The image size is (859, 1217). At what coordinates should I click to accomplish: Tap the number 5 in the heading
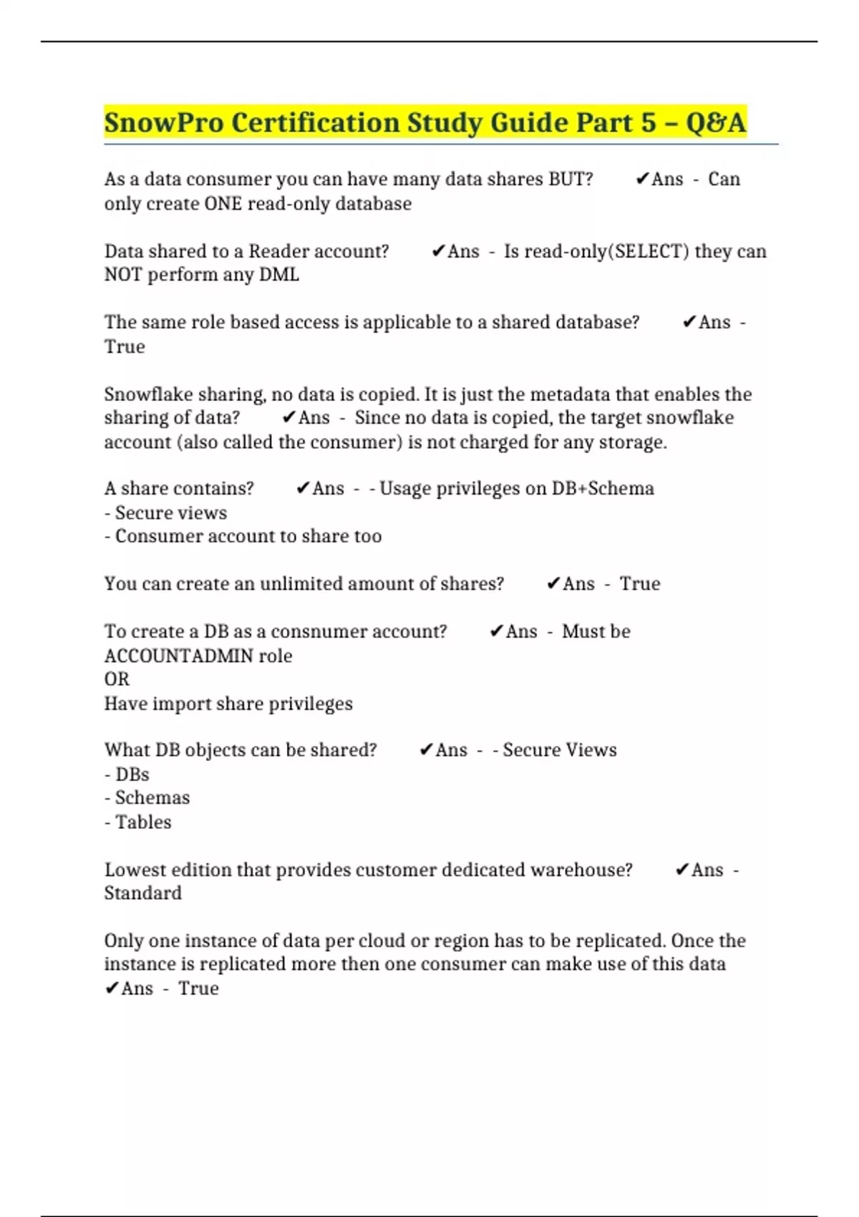tap(649, 122)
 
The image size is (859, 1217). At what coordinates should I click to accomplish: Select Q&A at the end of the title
tap(716, 122)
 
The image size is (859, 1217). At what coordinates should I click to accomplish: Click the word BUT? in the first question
tap(571, 179)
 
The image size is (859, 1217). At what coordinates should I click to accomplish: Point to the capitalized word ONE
tap(223, 204)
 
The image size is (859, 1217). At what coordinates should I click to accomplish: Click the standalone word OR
tap(117, 679)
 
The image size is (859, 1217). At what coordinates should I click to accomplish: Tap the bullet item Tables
tap(143, 822)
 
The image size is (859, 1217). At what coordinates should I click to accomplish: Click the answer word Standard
tap(143, 893)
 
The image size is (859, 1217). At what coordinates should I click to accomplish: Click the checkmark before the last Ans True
tap(111, 989)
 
